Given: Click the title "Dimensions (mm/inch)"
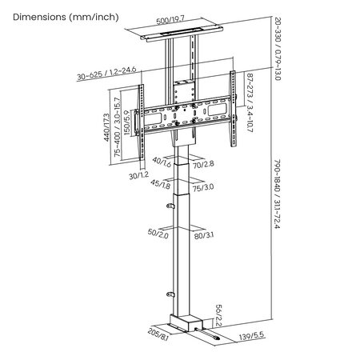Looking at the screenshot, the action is [x=66, y=18].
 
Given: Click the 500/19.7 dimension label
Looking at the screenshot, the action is [x=170, y=20].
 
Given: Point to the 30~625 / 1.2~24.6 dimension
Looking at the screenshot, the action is [x=106, y=74].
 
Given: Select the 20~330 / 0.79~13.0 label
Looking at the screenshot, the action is [x=278, y=49].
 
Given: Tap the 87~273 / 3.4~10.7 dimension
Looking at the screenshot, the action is [x=250, y=103].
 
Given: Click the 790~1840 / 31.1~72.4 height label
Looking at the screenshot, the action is [x=278, y=194].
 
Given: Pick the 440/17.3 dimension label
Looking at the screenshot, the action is [x=106, y=127].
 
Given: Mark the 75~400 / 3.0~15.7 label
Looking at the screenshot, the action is [x=117, y=127].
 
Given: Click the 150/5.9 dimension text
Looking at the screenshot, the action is [x=127, y=122].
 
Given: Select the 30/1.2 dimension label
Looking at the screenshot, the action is [x=138, y=176].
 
